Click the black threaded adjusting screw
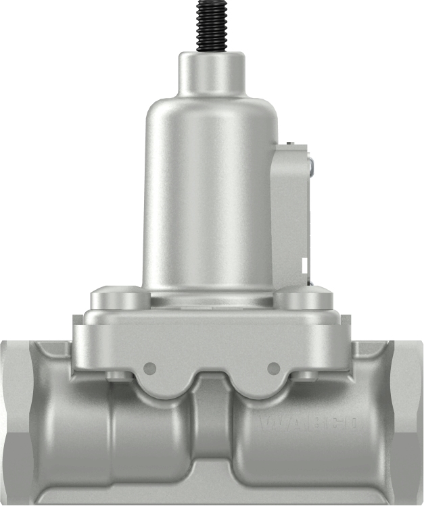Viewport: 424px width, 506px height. pyautogui.click(x=211, y=25)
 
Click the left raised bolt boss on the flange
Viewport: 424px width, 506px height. pyautogui.click(x=119, y=297)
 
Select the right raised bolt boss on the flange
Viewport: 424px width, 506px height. pyautogui.click(x=303, y=297)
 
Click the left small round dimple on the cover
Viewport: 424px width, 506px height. pyautogui.click(x=150, y=368)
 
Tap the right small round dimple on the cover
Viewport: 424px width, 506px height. pyautogui.click(x=273, y=368)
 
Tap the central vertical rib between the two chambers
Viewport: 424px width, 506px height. pyautogui.click(x=212, y=432)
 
